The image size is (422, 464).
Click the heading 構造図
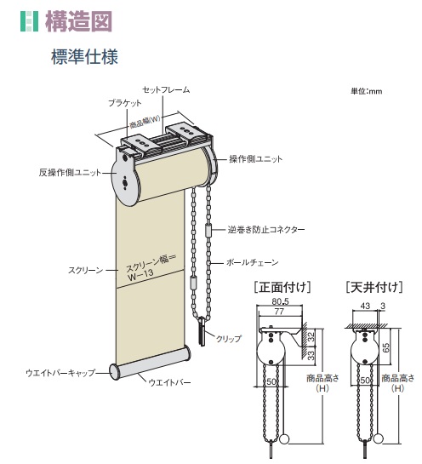(x=78, y=21)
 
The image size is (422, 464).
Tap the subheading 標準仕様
(x=84, y=56)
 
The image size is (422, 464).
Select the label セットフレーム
(x=166, y=89)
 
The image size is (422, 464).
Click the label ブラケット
(x=125, y=103)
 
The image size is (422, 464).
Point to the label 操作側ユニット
(x=256, y=159)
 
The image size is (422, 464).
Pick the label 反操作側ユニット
(x=70, y=172)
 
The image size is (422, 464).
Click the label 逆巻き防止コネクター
(x=265, y=230)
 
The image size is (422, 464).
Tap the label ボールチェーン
(x=252, y=262)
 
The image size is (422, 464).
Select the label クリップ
(x=229, y=339)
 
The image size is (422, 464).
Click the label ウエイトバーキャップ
(x=61, y=373)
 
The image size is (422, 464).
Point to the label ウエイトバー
(x=169, y=382)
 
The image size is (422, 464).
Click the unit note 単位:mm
(x=367, y=91)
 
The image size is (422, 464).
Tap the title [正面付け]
(x=282, y=287)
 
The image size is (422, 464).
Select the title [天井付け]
(x=374, y=287)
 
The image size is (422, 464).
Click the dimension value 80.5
(x=281, y=301)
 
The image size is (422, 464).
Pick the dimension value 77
(x=279, y=312)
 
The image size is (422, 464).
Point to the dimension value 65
(x=386, y=347)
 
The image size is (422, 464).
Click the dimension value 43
(x=366, y=306)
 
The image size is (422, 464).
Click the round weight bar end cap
(x=115, y=372)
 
